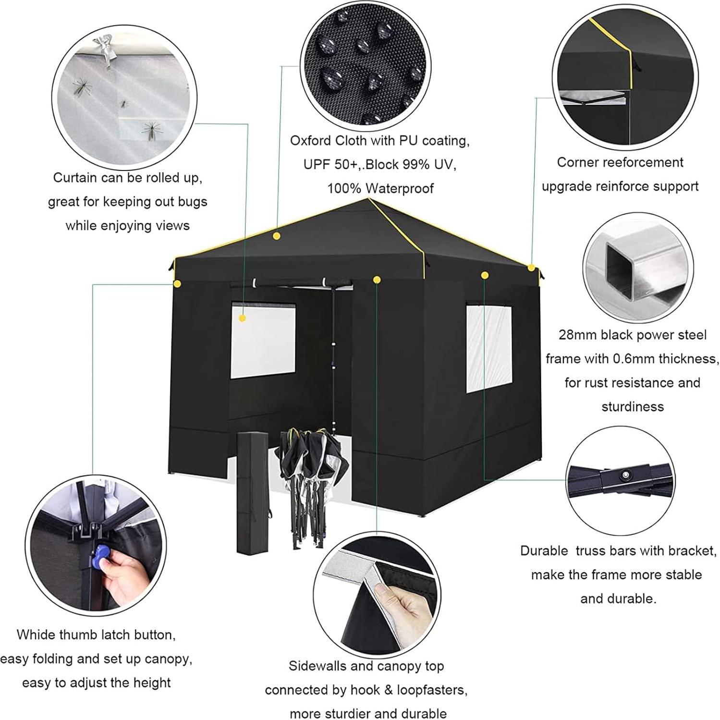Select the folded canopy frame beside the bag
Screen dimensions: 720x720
click(x=312, y=485)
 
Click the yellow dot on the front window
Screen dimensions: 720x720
click(x=243, y=318)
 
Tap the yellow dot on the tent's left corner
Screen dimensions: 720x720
click(x=178, y=284)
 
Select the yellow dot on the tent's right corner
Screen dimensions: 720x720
click(x=531, y=268)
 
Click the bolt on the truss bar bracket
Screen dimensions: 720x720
click(x=625, y=475)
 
